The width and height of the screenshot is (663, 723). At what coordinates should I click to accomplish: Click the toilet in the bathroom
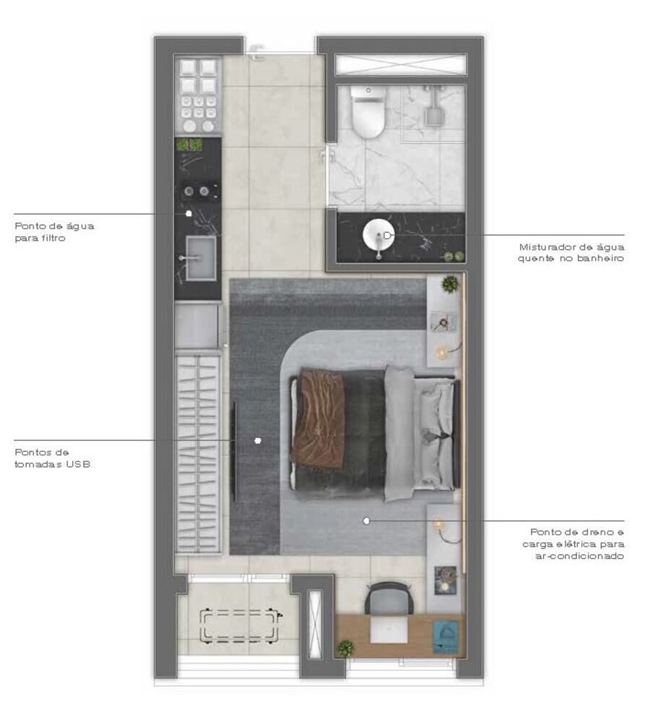click(368, 113)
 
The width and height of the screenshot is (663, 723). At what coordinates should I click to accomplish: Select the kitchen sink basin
click(200, 257)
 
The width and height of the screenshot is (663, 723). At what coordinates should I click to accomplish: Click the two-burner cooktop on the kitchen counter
click(196, 191)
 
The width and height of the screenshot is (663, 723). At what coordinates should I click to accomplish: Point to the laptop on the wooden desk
click(389, 630)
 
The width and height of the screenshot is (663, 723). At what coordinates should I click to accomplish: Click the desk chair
click(389, 599)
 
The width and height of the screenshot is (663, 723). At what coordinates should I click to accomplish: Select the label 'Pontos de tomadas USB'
click(52, 458)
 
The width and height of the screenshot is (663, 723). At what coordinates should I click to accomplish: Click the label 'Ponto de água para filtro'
click(54, 231)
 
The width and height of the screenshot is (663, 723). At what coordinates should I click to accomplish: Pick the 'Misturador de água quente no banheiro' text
click(571, 252)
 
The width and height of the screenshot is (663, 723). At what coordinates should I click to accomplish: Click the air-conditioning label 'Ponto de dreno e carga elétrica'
click(576, 543)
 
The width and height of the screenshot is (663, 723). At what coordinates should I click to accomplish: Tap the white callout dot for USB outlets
click(258, 440)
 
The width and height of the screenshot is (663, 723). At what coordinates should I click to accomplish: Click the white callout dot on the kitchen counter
click(188, 213)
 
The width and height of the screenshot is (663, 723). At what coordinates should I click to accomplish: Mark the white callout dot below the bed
click(366, 520)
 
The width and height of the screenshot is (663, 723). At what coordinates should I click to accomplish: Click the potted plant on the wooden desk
click(346, 648)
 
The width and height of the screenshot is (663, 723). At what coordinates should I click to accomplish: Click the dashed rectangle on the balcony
click(240, 625)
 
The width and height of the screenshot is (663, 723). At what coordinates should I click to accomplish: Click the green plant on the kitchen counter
click(189, 145)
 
